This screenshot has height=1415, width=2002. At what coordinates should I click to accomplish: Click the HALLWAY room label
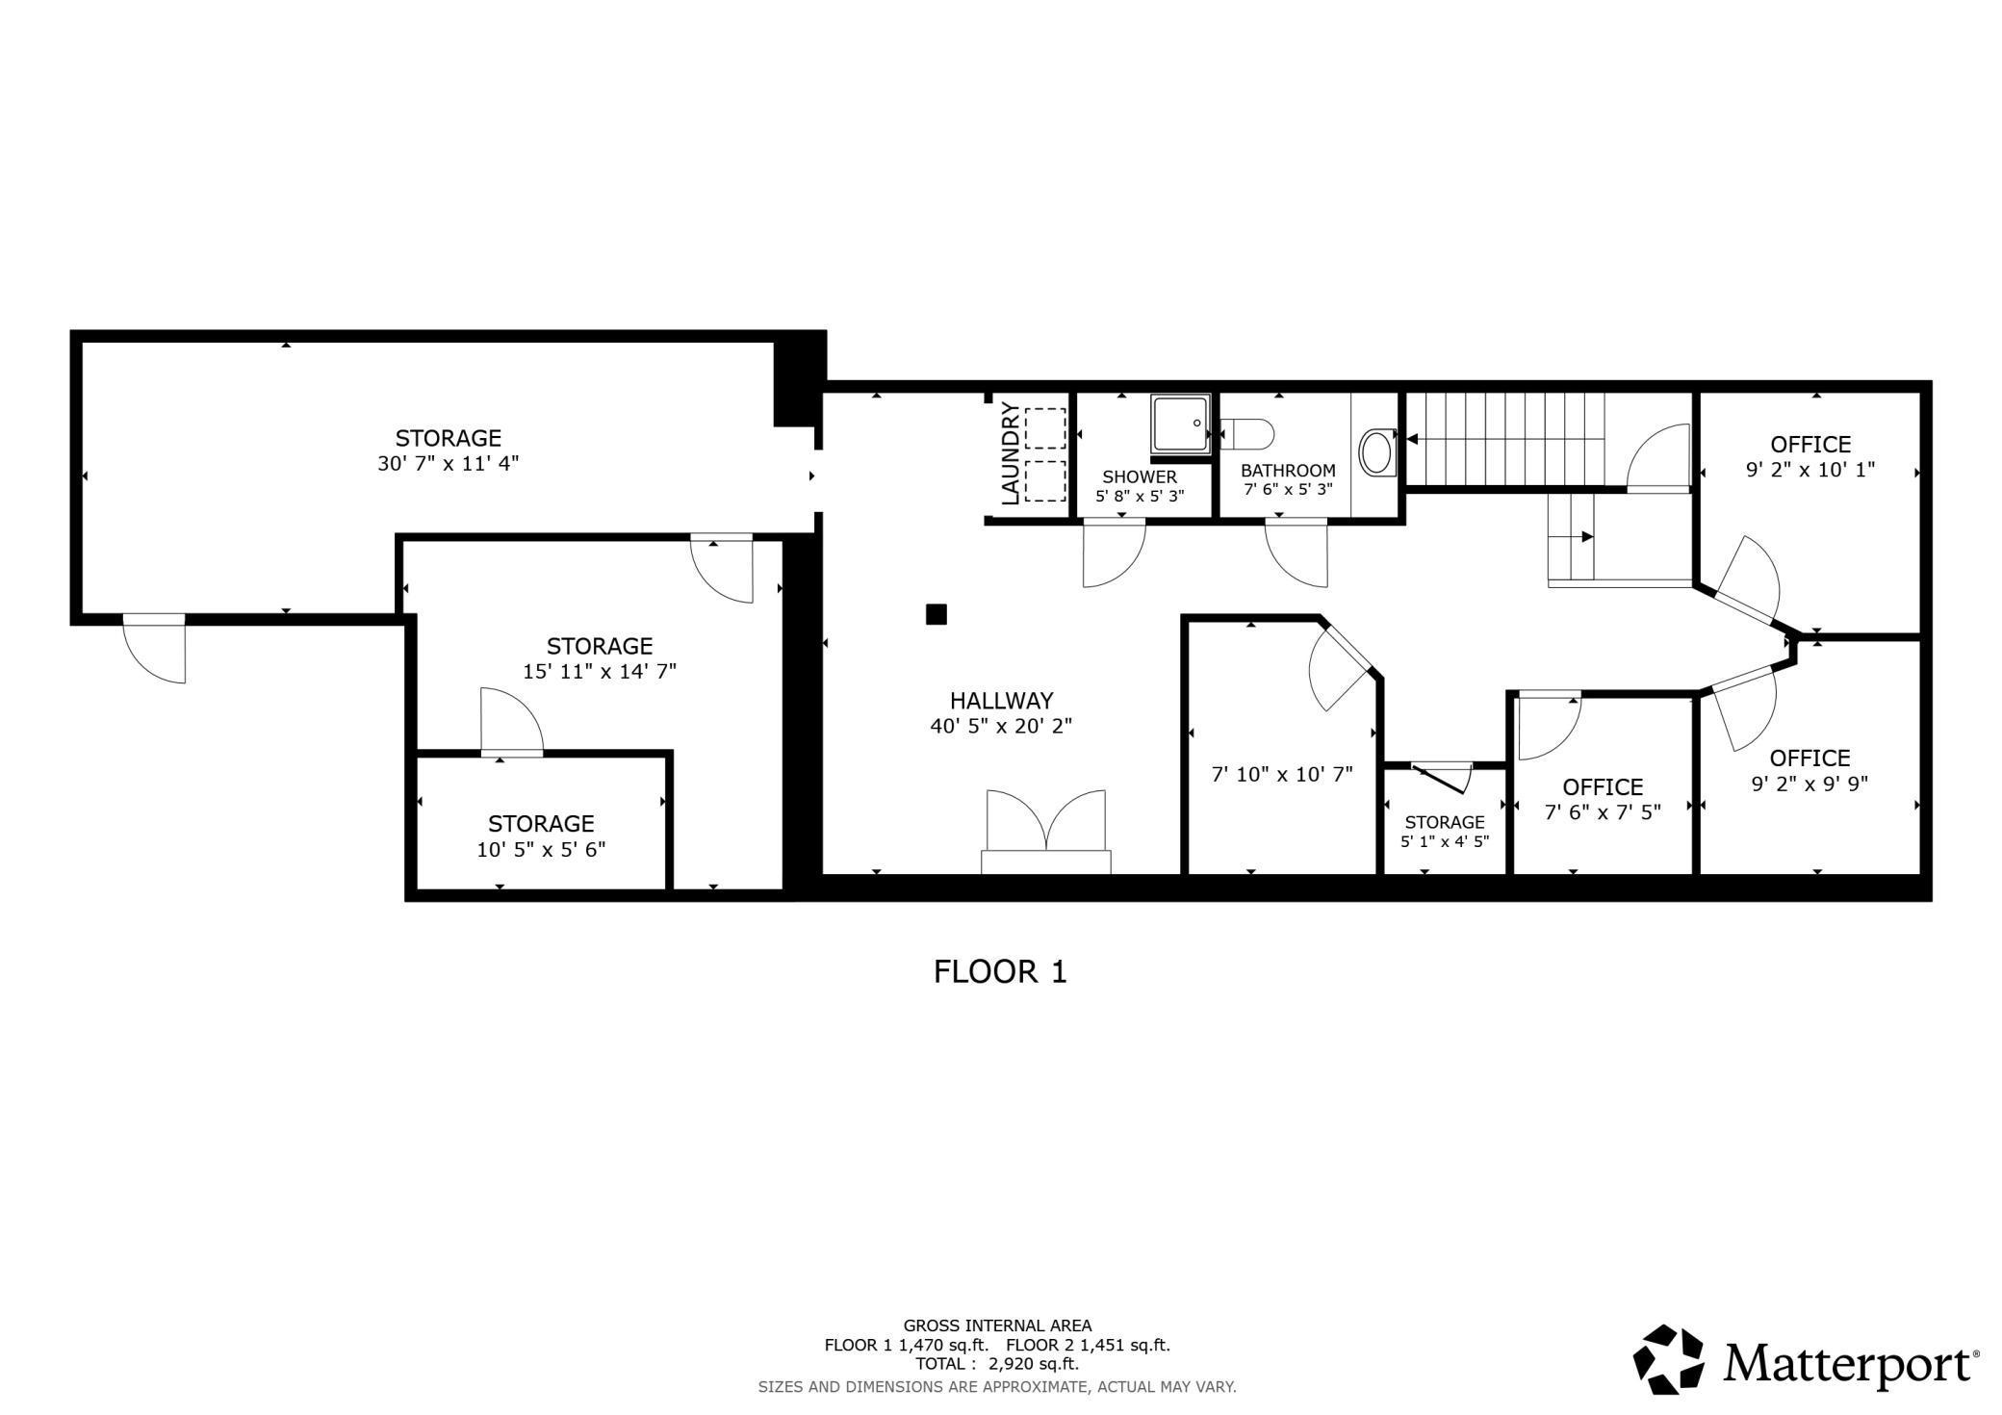1001,701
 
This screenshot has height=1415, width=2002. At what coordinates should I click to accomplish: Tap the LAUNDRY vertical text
1011,454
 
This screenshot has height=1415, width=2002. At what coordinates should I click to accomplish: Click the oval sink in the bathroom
1376,451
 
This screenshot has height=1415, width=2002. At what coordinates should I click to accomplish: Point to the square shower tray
1180,423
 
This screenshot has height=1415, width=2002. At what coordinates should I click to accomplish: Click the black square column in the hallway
937,614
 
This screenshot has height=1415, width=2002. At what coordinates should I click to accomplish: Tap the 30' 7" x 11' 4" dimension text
448,463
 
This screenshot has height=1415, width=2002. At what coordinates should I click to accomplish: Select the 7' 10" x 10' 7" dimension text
1282,773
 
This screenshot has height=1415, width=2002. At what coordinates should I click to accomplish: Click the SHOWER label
1140,476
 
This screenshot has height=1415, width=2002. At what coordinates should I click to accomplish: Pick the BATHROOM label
1288,471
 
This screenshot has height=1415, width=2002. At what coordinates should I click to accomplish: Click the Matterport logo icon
1669,1359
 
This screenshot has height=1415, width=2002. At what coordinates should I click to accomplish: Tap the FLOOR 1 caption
1000,971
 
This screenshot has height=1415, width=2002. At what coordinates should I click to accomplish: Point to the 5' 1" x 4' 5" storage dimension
1445,840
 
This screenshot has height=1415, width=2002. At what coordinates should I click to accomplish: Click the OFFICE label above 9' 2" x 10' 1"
1810,445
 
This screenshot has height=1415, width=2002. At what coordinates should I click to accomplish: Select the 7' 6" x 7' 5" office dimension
1603,812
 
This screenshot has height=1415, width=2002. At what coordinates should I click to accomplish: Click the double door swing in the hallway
1046,823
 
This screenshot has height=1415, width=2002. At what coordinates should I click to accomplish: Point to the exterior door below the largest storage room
154,649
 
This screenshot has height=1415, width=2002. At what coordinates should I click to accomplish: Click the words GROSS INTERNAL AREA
997,1325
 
